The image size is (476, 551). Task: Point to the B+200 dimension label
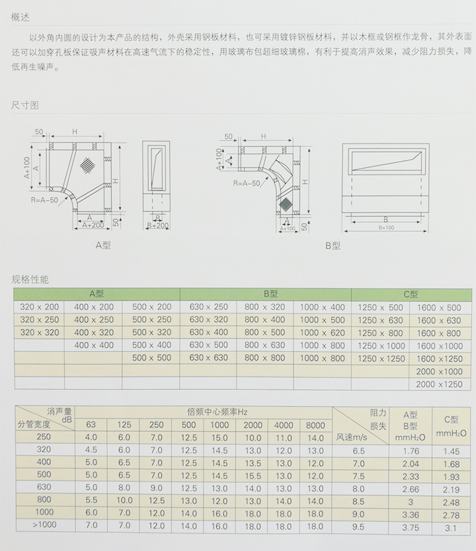[159, 226]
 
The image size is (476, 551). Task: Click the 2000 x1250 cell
[439, 384]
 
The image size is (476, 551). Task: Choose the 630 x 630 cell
[208, 358]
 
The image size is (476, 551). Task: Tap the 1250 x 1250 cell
[381, 358]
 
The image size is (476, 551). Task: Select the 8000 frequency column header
[315, 425]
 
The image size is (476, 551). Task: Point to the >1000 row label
[44, 525]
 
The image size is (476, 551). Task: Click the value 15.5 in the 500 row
[253, 475]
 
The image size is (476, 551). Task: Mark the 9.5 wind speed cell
[359, 527]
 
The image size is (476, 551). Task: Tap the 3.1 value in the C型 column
[450, 527]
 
